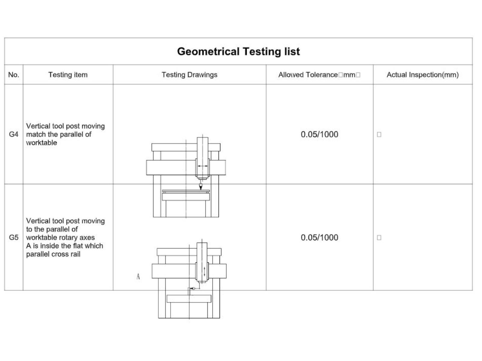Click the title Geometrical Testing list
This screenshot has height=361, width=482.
[x=238, y=52]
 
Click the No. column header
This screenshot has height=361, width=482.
[x=14, y=75]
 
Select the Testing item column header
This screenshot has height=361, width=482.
[x=68, y=75]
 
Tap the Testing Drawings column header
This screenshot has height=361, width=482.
[x=189, y=75]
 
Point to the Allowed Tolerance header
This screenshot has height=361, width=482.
[x=319, y=75]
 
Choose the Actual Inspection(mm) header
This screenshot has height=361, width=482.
[x=422, y=75]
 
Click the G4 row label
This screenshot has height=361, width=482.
[x=14, y=134]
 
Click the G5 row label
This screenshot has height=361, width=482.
[x=14, y=237]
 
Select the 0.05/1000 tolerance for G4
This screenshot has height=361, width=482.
[x=319, y=134]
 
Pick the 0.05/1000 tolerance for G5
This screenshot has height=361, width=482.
[x=319, y=238]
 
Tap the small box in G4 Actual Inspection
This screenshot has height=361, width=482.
[x=379, y=134]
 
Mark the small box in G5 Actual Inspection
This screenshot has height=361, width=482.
[x=379, y=238]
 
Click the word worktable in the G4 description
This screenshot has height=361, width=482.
[x=42, y=143]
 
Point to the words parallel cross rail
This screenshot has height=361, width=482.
[x=53, y=254]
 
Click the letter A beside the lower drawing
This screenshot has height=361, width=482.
[x=138, y=276]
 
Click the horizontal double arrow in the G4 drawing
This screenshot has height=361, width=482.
[x=203, y=166]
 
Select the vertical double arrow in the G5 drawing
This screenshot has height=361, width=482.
[x=205, y=272]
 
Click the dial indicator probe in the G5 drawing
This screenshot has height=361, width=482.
[x=192, y=288]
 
